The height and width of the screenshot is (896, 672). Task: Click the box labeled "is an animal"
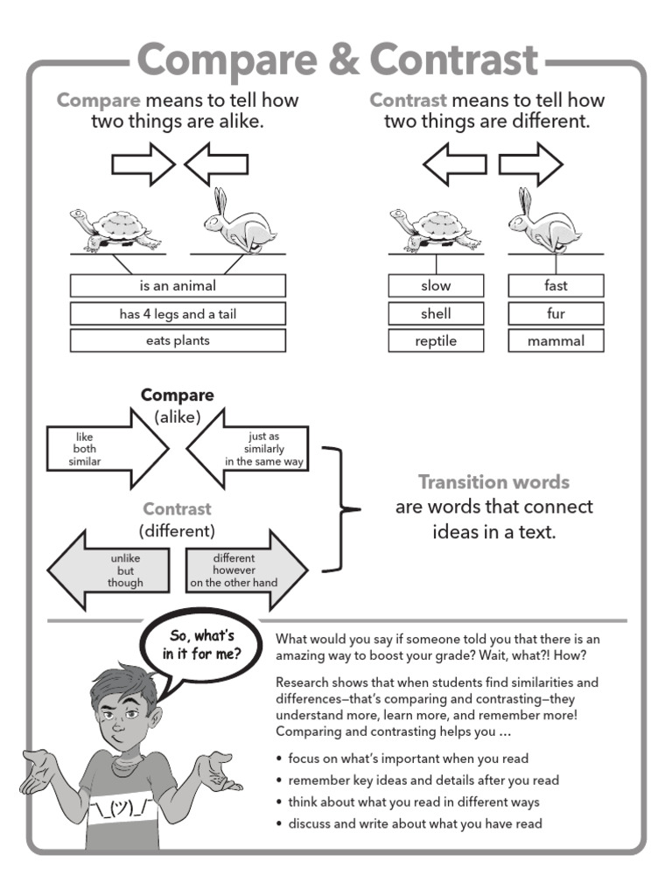click(x=178, y=286)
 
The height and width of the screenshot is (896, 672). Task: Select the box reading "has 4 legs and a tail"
click(x=178, y=313)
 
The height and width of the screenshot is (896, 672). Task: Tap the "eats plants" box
click(x=178, y=340)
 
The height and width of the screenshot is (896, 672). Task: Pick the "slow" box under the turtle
click(x=436, y=286)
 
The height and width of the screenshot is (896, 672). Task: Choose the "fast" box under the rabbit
click(x=556, y=286)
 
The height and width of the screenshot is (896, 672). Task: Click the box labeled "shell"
click(x=436, y=313)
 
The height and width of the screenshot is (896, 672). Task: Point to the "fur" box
click(x=556, y=313)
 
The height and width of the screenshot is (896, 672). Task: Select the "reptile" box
click(x=436, y=340)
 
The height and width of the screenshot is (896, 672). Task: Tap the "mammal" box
click(x=556, y=340)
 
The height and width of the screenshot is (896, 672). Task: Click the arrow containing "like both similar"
click(x=101, y=448)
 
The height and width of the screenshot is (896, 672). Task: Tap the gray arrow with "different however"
click(x=245, y=570)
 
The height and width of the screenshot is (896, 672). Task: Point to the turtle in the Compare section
click(x=115, y=228)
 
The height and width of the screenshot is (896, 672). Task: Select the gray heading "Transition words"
click(x=493, y=482)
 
